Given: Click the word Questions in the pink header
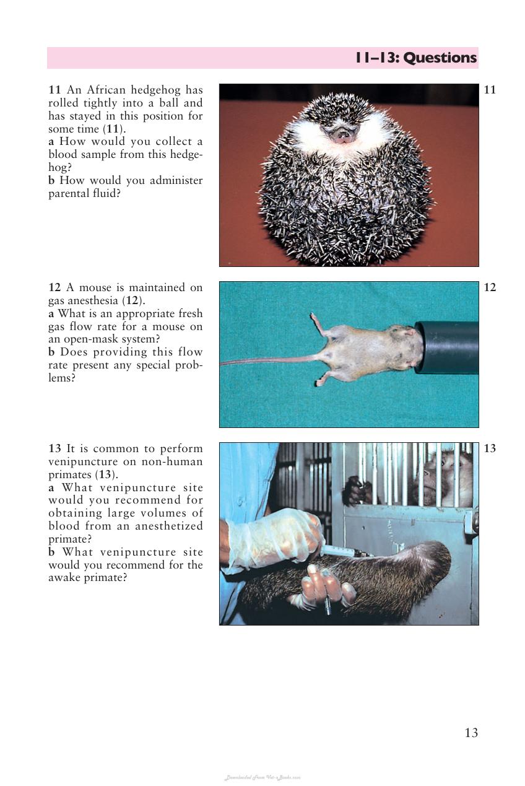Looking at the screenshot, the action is tap(440, 58).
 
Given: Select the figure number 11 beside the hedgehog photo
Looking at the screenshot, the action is tap(490, 90).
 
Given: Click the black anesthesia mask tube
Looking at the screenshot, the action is tap(447, 347).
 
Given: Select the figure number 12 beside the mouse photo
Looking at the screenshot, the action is tap(490, 288).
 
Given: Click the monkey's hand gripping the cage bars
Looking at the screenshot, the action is tap(358, 490).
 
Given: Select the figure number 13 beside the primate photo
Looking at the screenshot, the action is tap(490, 448).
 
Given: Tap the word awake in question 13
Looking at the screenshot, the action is tap(63, 577).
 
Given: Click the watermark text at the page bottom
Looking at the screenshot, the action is tap(262, 777).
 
